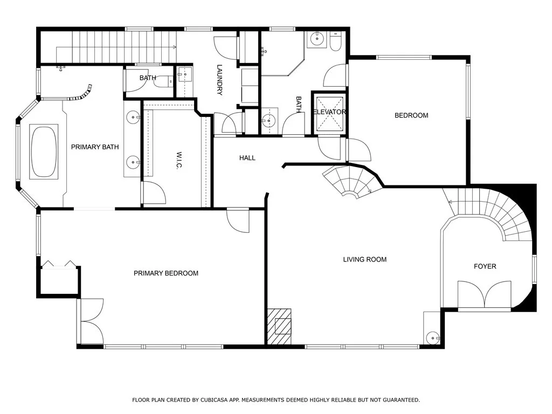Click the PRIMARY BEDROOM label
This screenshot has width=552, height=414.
pyautogui.click(x=166, y=273)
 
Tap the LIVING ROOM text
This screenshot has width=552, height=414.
pyautogui.click(x=365, y=259)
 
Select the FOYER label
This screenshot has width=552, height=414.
pyautogui.click(x=485, y=266)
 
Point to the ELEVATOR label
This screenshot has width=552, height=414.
pyautogui.click(x=329, y=112)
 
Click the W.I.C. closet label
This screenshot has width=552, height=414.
pyautogui.click(x=179, y=161)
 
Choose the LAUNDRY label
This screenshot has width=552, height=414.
pyautogui.click(x=220, y=80)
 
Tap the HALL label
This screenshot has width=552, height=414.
pyautogui.click(x=247, y=158)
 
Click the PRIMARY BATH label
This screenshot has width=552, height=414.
pyautogui.click(x=95, y=147)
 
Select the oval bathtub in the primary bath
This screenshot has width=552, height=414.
pyautogui.click(x=44, y=151)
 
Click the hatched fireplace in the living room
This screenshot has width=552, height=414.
pyautogui.click(x=279, y=326)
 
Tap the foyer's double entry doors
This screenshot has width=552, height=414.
pyautogui.click(x=485, y=295)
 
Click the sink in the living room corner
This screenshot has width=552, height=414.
pyautogui.click(x=432, y=339)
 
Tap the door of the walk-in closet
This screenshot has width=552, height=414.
pyautogui.click(x=154, y=192)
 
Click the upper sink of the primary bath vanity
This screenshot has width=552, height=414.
pyautogui.click(x=134, y=116)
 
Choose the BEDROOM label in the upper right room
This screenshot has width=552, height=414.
pyautogui.click(x=411, y=115)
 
